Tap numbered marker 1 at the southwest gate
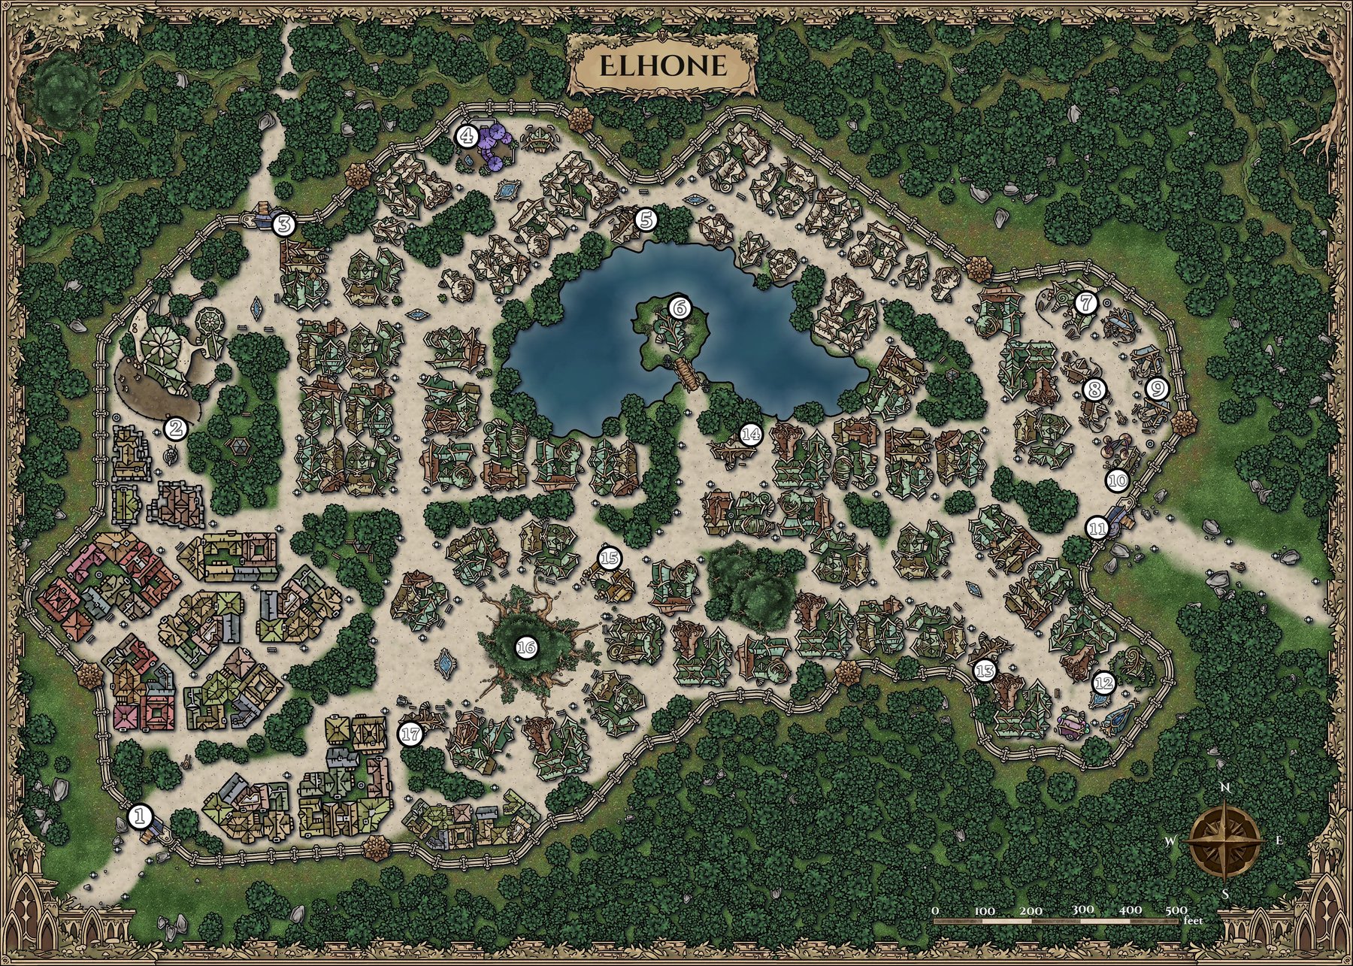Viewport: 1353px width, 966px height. (x=141, y=816)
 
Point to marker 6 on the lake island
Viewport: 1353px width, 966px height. (x=679, y=307)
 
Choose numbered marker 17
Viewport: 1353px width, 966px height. (x=411, y=734)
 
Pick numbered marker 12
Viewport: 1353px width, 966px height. (x=1103, y=683)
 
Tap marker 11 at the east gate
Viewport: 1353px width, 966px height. (x=1097, y=528)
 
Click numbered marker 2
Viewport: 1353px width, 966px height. (x=176, y=428)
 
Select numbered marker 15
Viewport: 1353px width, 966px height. (x=610, y=558)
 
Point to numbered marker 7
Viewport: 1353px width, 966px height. (x=1085, y=303)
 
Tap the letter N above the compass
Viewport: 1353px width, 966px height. (x=1225, y=788)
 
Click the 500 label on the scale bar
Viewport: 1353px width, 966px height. (x=1176, y=910)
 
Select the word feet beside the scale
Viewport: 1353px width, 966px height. (x=1191, y=920)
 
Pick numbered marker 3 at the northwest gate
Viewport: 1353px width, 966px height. (x=284, y=224)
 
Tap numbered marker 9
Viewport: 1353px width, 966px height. (x=1158, y=389)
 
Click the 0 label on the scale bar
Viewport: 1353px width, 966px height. (x=936, y=910)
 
